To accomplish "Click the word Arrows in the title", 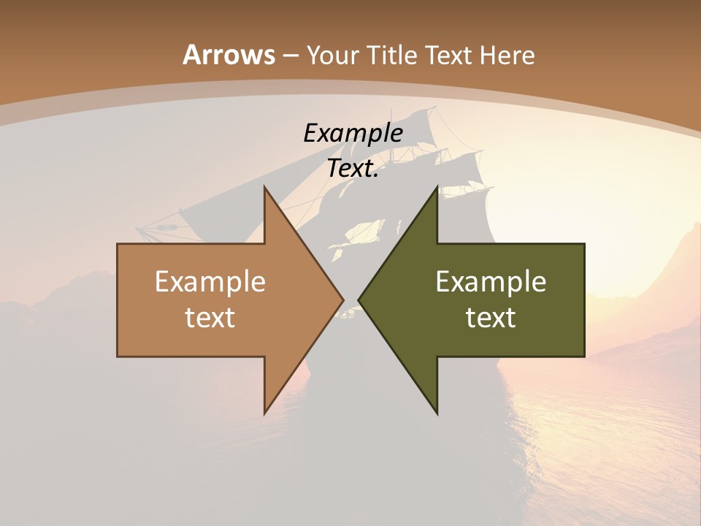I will [229, 55].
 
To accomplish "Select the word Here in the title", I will [507, 55].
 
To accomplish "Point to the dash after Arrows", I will [290, 56].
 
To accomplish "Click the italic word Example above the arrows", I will [353, 133].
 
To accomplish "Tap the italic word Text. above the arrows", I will [353, 168].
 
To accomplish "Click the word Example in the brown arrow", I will [210, 281].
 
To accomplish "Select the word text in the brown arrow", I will [210, 317].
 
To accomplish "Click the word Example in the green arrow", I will [491, 281].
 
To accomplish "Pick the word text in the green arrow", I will [491, 317].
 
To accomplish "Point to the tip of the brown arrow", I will [342, 300].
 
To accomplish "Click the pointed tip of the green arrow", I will [360, 300].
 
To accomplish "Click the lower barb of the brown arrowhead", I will [266, 411].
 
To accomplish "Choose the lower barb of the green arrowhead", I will [436, 411].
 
